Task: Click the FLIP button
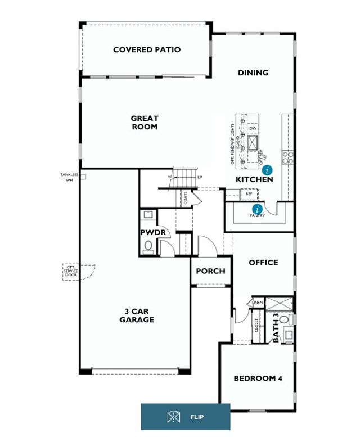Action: (x=185, y=417)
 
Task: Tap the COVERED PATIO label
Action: (x=147, y=49)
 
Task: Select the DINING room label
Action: (x=253, y=73)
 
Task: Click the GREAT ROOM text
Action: (x=145, y=123)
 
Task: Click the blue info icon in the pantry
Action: (x=256, y=209)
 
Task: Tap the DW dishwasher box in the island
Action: (x=253, y=128)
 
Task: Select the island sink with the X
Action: (x=253, y=141)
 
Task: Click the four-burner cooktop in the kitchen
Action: (x=287, y=157)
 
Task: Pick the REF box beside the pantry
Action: (x=249, y=194)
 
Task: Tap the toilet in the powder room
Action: (x=148, y=246)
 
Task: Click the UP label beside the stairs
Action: (x=199, y=178)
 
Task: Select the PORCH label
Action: (x=210, y=271)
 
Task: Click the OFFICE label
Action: (x=263, y=263)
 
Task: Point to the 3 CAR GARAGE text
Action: (x=136, y=316)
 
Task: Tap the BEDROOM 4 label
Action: (x=258, y=379)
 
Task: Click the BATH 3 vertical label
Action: (x=276, y=328)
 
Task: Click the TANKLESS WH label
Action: (x=69, y=177)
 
